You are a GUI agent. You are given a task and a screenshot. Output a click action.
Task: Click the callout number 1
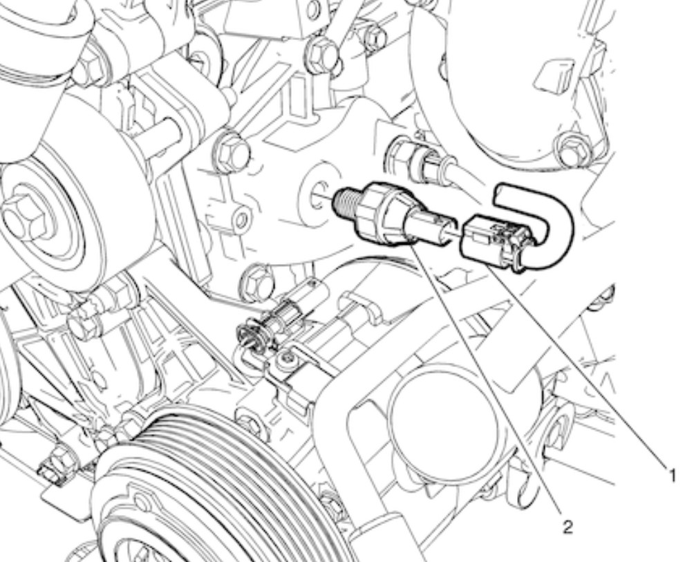tap(672, 476)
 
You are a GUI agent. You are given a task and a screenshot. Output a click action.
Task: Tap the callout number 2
tap(568, 526)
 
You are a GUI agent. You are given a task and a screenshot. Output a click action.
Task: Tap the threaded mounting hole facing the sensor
tap(319, 195)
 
